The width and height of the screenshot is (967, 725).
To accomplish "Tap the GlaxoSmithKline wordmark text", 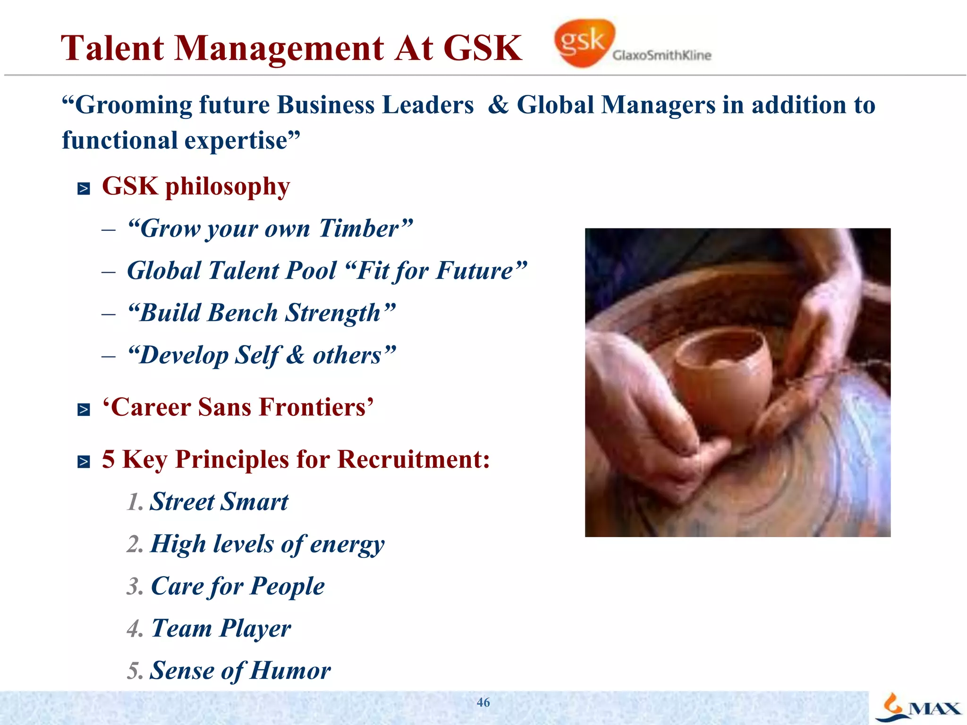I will pyautogui.click(x=662, y=56).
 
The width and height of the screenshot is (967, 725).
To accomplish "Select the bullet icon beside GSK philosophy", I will pyautogui.click(x=84, y=189).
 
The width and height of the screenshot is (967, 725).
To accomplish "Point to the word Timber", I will pyautogui.click(x=359, y=228).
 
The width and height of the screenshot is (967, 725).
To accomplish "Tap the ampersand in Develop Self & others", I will pyautogui.click(x=296, y=355).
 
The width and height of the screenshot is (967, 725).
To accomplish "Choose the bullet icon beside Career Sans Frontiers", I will pyautogui.click(x=84, y=409).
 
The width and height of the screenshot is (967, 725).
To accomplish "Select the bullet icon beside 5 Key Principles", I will pyautogui.click(x=84, y=461).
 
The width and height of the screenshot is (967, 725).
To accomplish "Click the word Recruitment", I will pyautogui.click(x=414, y=459).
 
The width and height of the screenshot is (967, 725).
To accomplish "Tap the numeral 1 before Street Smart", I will pyautogui.click(x=134, y=502).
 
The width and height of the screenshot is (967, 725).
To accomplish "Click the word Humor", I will pyautogui.click(x=290, y=671).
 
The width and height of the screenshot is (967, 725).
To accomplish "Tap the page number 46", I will pyautogui.click(x=483, y=702).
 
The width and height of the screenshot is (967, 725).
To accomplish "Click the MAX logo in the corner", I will pyautogui.click(x=919, y=708).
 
